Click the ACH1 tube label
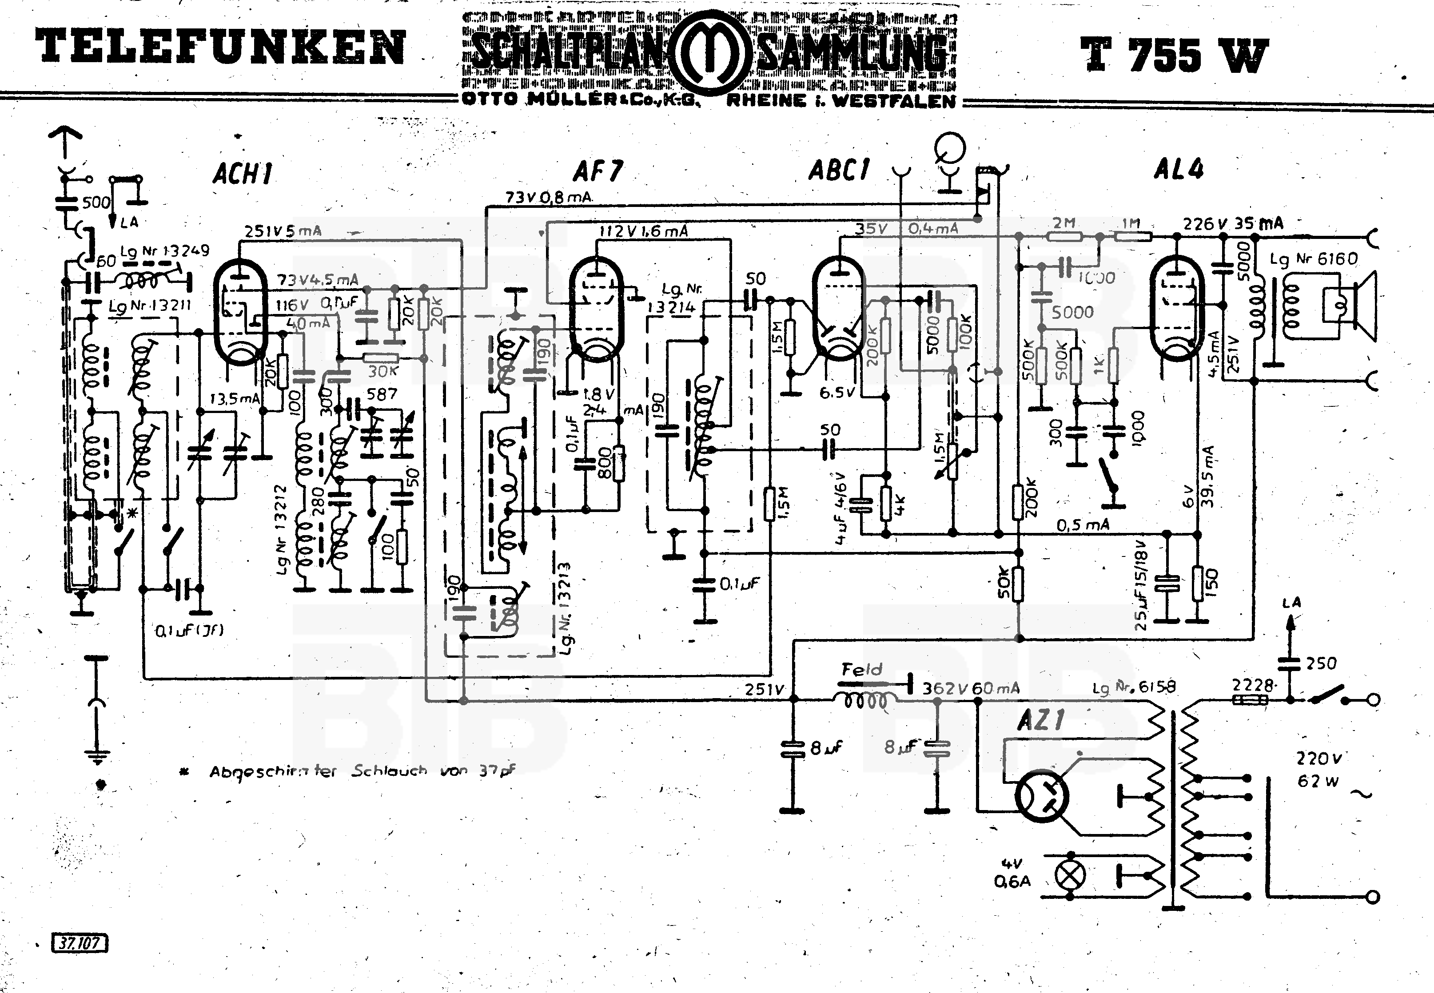pyautogui.click(x=243, y=174)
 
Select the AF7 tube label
pyautogui.click(x=597, y=171)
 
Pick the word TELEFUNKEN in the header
pyautogui.click(x=220, y=48)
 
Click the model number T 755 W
pyautogui.click(x=1174, y=55)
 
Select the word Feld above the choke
pyautogui.click(x=862, y=669)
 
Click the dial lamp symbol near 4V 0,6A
pyautogui.click(x=1070, y=875)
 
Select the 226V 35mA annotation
pyautogui.click(x=1232, y=223)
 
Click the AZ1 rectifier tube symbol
pyautogui.click(x=1042, y=796)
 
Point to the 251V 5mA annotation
pyautogui.click(x=283, y=231)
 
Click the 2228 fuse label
pyautogui.click(x=1252, y=686)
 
